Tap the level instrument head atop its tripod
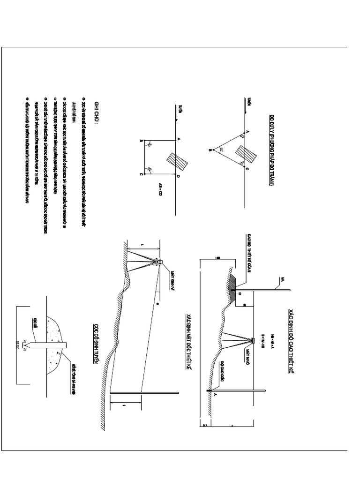pyautogui.click(x=253, y=340)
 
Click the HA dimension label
pyautogui.click(x=205, y=426)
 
